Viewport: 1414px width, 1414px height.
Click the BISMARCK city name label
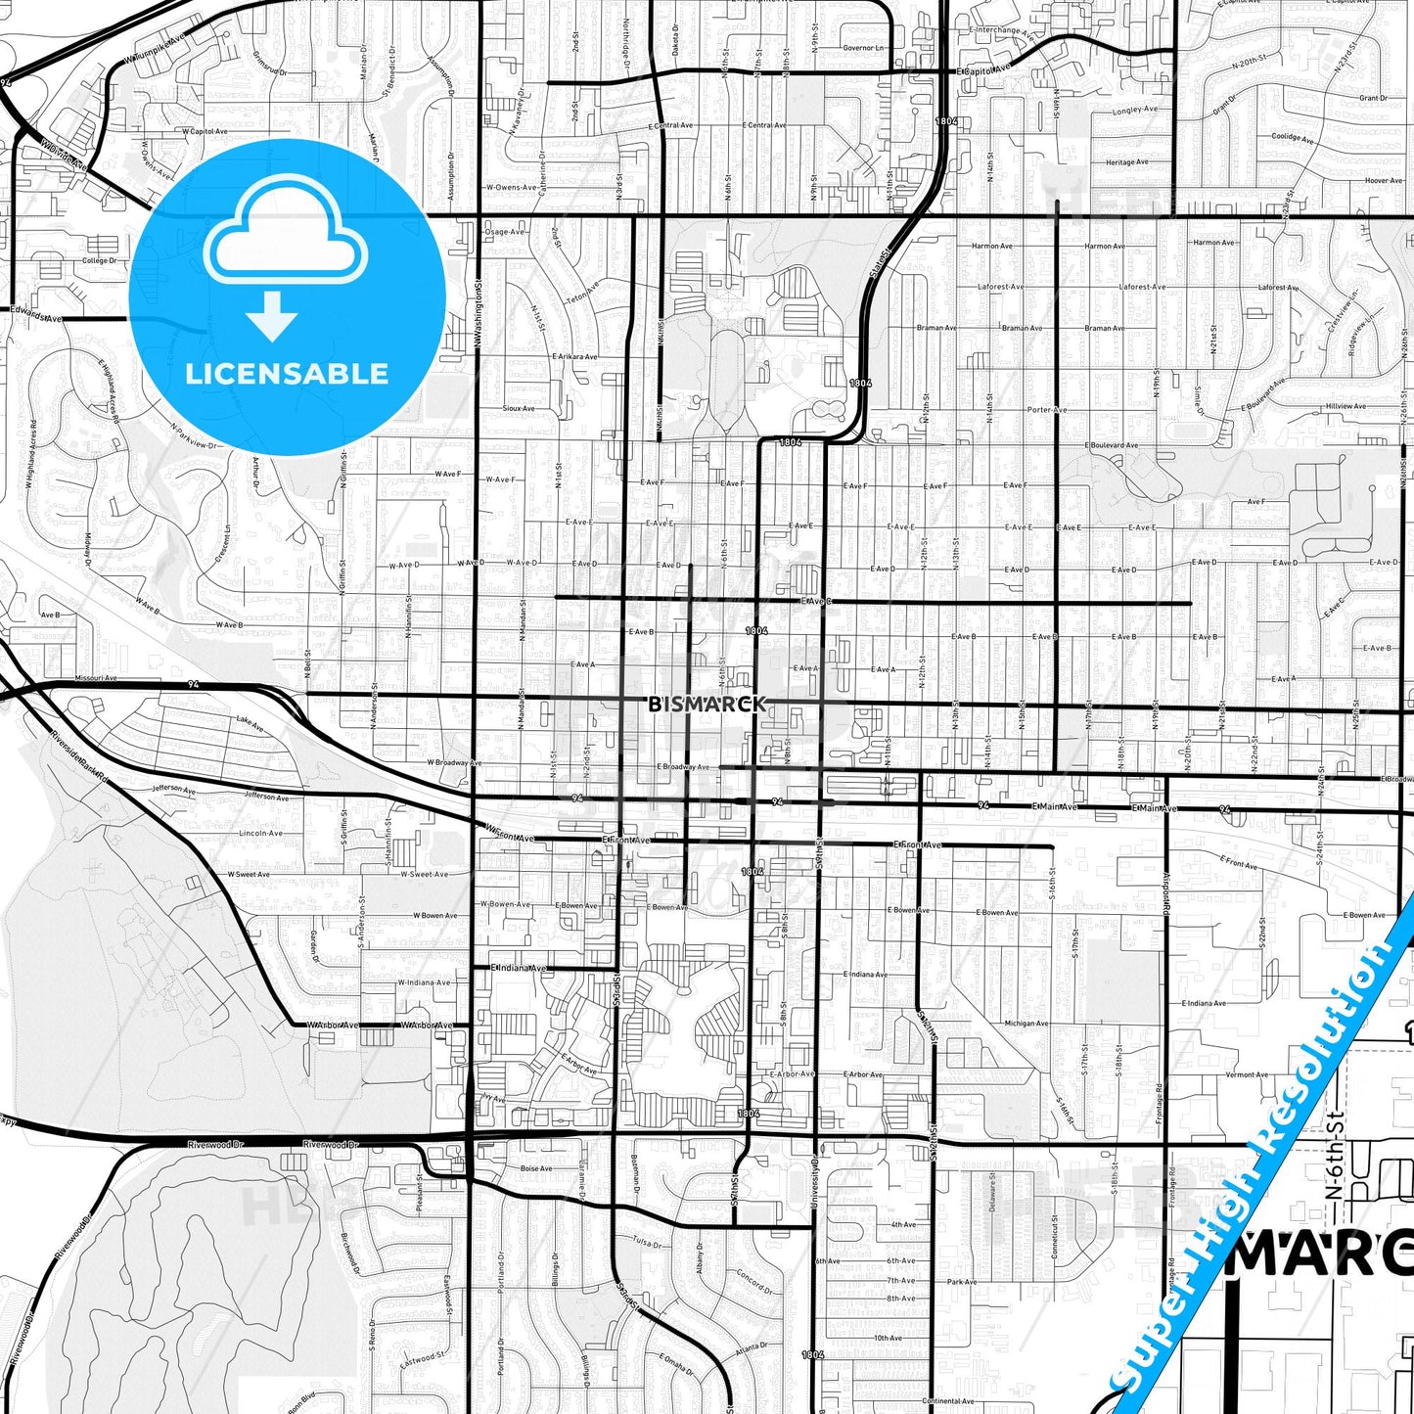click(x=707, y=704)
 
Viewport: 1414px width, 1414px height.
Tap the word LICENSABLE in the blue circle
click(x=287, y=374)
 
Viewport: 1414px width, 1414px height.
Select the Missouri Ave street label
click(x=96, y=677)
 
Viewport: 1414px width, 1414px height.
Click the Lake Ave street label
click(x=250, y=724)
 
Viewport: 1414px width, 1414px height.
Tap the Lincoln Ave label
click(x=261, y=833)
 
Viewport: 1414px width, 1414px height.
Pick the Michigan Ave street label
click(x=1026, y=1024)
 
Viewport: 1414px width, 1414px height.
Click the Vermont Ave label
click(x=1247, y=1074)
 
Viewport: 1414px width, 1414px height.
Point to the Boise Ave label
click(x=536, y=1168)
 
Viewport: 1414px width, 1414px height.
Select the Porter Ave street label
click(x=1046, y=410)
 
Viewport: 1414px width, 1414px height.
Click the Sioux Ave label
click(x=519, y=408)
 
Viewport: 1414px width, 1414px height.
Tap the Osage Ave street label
click(x=505, y=232)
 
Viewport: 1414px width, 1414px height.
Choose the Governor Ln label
click(x=863, y=47)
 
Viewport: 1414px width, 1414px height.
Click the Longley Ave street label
click(x=1135, y=111)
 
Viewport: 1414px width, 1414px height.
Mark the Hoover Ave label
click(x=1383, y=180)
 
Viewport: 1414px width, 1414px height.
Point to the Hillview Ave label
click(x=1346, y=406)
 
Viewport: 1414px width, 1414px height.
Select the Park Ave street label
click(x=962, y=1281)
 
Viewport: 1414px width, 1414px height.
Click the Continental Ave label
click(x=947, y=1401)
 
